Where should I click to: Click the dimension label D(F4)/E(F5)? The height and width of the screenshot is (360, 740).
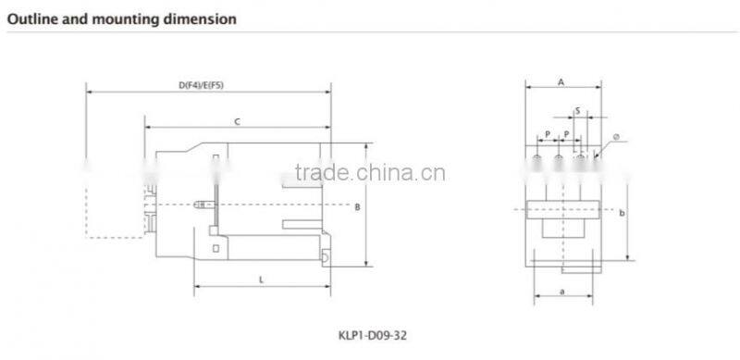coord(202,85)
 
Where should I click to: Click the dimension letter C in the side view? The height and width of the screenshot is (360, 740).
coord(237,121)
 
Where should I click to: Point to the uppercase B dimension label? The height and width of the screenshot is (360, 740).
coord(357,207)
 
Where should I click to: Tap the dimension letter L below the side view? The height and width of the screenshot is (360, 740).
coord(262,279)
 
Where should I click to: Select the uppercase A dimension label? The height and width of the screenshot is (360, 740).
coord(561,82)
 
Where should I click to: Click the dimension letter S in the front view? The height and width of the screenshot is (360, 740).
coord(577,110)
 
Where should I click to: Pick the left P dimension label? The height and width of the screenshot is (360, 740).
coord(548,134)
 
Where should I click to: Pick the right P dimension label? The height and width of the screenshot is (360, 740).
coord(566,134)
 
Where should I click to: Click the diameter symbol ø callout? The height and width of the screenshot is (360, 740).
coord(614,139)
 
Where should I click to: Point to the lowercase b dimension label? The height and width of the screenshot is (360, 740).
coord(623,213)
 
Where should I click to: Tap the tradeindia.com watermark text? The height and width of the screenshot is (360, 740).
coord(369,173)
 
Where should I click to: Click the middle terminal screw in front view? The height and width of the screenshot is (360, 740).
coord(559,160)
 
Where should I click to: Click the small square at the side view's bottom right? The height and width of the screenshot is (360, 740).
coord(326,254)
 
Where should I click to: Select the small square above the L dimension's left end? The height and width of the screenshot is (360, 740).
coord(215,248)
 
